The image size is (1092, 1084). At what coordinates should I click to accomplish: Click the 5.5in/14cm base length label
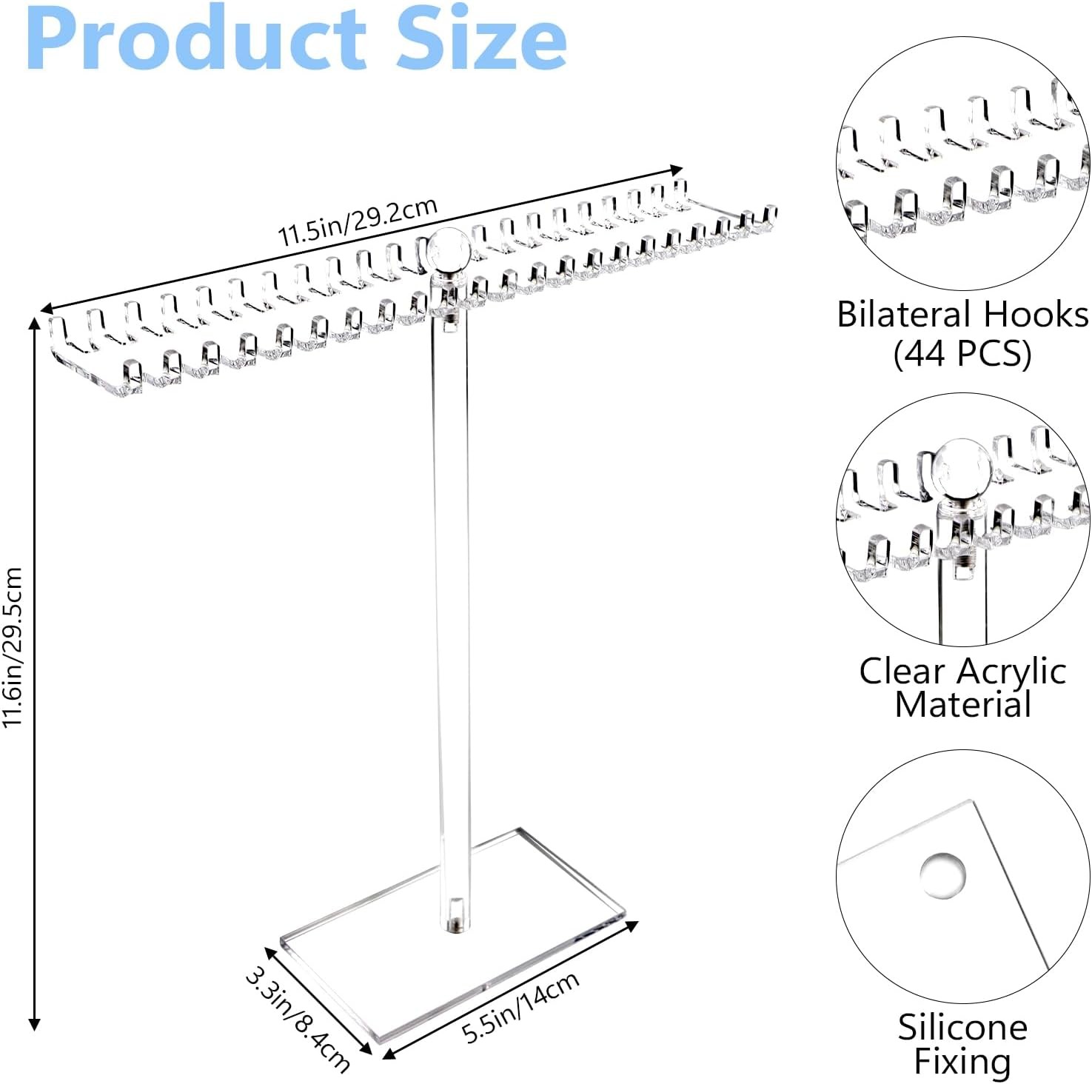click(x=520, y=1008)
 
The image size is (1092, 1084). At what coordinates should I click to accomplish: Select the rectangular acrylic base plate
click(x=453, y=934)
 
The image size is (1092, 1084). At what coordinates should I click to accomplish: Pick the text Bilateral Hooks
click(x=962, y=315)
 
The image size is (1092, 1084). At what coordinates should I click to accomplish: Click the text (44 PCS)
click(x=962, y=353)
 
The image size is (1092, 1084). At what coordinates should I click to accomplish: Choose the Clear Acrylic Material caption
click(x=962, y=688)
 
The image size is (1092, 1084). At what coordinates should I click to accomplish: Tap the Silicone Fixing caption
click(x=962, y=1044)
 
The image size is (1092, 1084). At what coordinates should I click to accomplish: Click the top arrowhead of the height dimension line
click(x=33, y=322)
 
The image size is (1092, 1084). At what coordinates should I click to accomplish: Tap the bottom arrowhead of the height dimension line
click(x=33, y=1024)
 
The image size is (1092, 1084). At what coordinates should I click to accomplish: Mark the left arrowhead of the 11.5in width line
click(x=47, y=308)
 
